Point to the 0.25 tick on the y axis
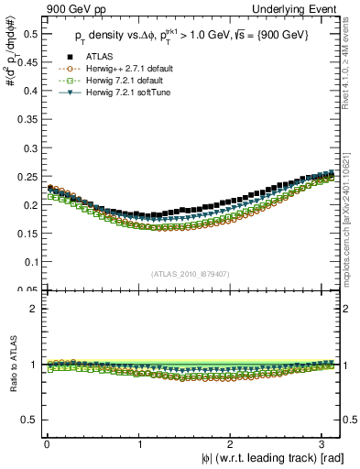coord(27,177)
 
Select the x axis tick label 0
coord(47,443)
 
